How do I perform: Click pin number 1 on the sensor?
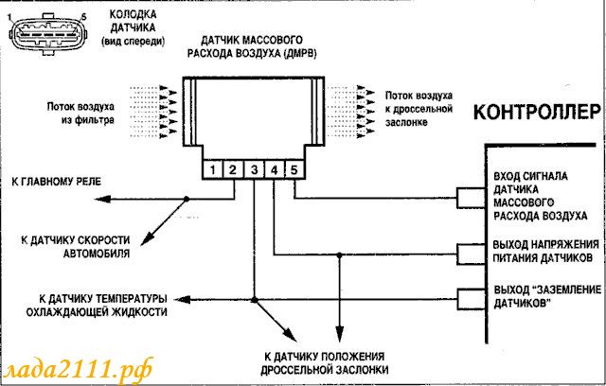click(x=212, y=170)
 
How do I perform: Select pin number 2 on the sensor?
click(x=233, y=170)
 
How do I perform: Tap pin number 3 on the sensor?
click(x=254, y=170)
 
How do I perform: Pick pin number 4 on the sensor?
click(x=275, y=170)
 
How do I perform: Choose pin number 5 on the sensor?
click(x=294, y=170)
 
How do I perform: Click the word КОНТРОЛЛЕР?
click(x=537, y=113)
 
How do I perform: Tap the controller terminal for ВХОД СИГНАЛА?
click(x=472, y=198)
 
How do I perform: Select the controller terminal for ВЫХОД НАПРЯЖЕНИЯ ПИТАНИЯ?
click(x=472, y=254)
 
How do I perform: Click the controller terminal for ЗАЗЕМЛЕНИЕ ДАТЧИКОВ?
click(x=472, y=299)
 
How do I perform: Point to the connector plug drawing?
click(x=48, y=34)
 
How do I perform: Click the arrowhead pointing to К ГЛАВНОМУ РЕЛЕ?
click(x=102, y=200)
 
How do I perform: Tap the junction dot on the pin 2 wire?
click(x=187, y=200)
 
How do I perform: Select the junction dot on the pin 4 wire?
click(x=339, y=255)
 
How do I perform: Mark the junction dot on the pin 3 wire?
click(x=255, y=300)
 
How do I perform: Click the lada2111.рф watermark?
click(x=79, y=370)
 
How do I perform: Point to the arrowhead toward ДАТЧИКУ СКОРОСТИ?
click(x=146, y=239)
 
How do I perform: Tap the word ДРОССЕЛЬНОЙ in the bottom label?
click(x=295, y=370)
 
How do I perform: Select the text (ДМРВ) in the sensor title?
click(x=300, y=53)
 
